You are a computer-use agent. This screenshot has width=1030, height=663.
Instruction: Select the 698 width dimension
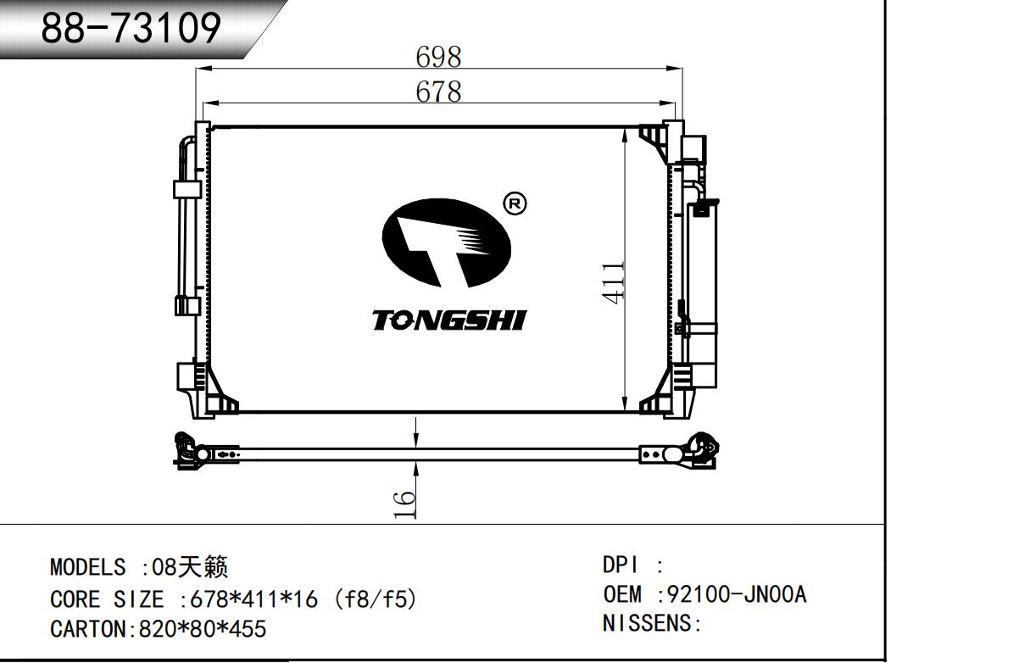(x=438, y=57)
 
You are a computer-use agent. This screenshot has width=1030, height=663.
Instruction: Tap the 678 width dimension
(x=438, y=91)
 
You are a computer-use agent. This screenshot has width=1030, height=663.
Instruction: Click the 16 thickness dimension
(x=406, y=504)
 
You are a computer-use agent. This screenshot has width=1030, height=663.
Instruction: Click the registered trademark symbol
(x=515, y=203)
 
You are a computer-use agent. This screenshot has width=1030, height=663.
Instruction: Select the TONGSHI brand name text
(x=449, y=320)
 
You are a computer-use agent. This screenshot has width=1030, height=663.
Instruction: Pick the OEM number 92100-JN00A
(x=737, y=594)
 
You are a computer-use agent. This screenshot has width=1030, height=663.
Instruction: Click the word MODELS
(x=87, y=567)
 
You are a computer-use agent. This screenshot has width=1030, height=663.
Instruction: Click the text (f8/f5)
(x=376, y=599)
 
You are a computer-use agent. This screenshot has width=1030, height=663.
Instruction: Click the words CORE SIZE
(x=107, y=599)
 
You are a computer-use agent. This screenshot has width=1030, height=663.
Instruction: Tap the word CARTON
(x=87, y=628)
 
